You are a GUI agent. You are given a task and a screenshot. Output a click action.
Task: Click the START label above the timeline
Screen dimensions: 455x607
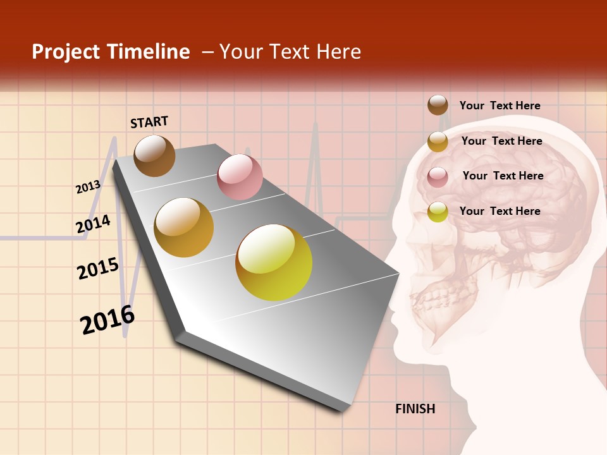click(149, 122)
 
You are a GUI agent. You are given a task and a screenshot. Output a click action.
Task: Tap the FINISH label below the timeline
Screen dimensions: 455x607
click(415, 409)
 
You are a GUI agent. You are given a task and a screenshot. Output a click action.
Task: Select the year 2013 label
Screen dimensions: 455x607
click(88, 186)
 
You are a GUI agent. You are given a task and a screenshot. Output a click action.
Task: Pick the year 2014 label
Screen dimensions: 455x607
click(93, 224)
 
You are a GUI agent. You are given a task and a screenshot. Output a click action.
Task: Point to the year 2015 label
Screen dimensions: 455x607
click(98, 269)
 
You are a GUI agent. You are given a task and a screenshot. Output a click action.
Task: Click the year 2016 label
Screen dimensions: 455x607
click(107, 320)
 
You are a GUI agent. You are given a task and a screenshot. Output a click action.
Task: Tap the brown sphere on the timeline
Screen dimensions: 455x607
click(154, 155)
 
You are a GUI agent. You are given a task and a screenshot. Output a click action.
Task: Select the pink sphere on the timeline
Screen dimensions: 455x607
click(240, 177)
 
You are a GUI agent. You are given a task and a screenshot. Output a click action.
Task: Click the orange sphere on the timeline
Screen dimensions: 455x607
click(184, 227)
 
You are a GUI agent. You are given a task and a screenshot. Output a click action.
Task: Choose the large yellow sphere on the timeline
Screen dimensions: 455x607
click(274, 262)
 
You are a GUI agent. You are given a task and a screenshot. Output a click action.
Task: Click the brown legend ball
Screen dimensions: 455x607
click(438, 105)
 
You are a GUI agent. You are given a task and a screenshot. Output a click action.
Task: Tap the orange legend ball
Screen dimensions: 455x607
click(438, 142)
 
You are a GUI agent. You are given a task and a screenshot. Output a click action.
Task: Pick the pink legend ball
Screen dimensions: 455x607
click(438, 177)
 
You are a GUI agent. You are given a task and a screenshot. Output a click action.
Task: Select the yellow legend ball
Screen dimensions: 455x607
click(438, 212)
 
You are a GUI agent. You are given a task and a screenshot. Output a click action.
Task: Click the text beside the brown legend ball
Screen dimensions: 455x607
click(500, 106)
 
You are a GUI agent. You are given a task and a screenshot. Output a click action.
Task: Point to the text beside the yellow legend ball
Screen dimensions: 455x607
click(500, 211)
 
